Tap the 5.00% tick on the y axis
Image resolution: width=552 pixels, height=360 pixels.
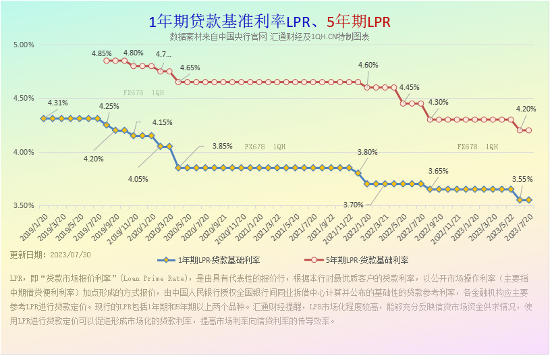(x=23, y=45)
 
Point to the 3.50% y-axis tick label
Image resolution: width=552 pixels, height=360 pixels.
(x=23, y=205)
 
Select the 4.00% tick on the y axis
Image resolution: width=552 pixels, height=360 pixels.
(x=23, y=152)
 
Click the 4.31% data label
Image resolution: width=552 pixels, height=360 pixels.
(x=57, y=103)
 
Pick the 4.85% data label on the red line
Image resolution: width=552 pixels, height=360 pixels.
(x=101, y=53)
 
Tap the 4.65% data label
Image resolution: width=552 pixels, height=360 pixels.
(x=190, y=68)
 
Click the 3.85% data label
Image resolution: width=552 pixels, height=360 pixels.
(x=222, y=146)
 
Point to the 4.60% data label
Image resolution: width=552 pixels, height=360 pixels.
(x=368, y=65)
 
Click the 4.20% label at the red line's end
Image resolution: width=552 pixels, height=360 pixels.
(x=526, y=109)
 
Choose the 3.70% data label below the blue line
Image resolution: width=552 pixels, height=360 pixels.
(x=353, y=205)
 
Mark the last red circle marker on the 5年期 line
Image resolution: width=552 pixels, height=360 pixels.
(x=529, y=130)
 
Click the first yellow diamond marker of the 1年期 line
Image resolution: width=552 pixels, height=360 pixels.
(x=43, y=118)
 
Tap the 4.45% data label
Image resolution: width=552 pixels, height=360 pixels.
(x=409, y=88)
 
